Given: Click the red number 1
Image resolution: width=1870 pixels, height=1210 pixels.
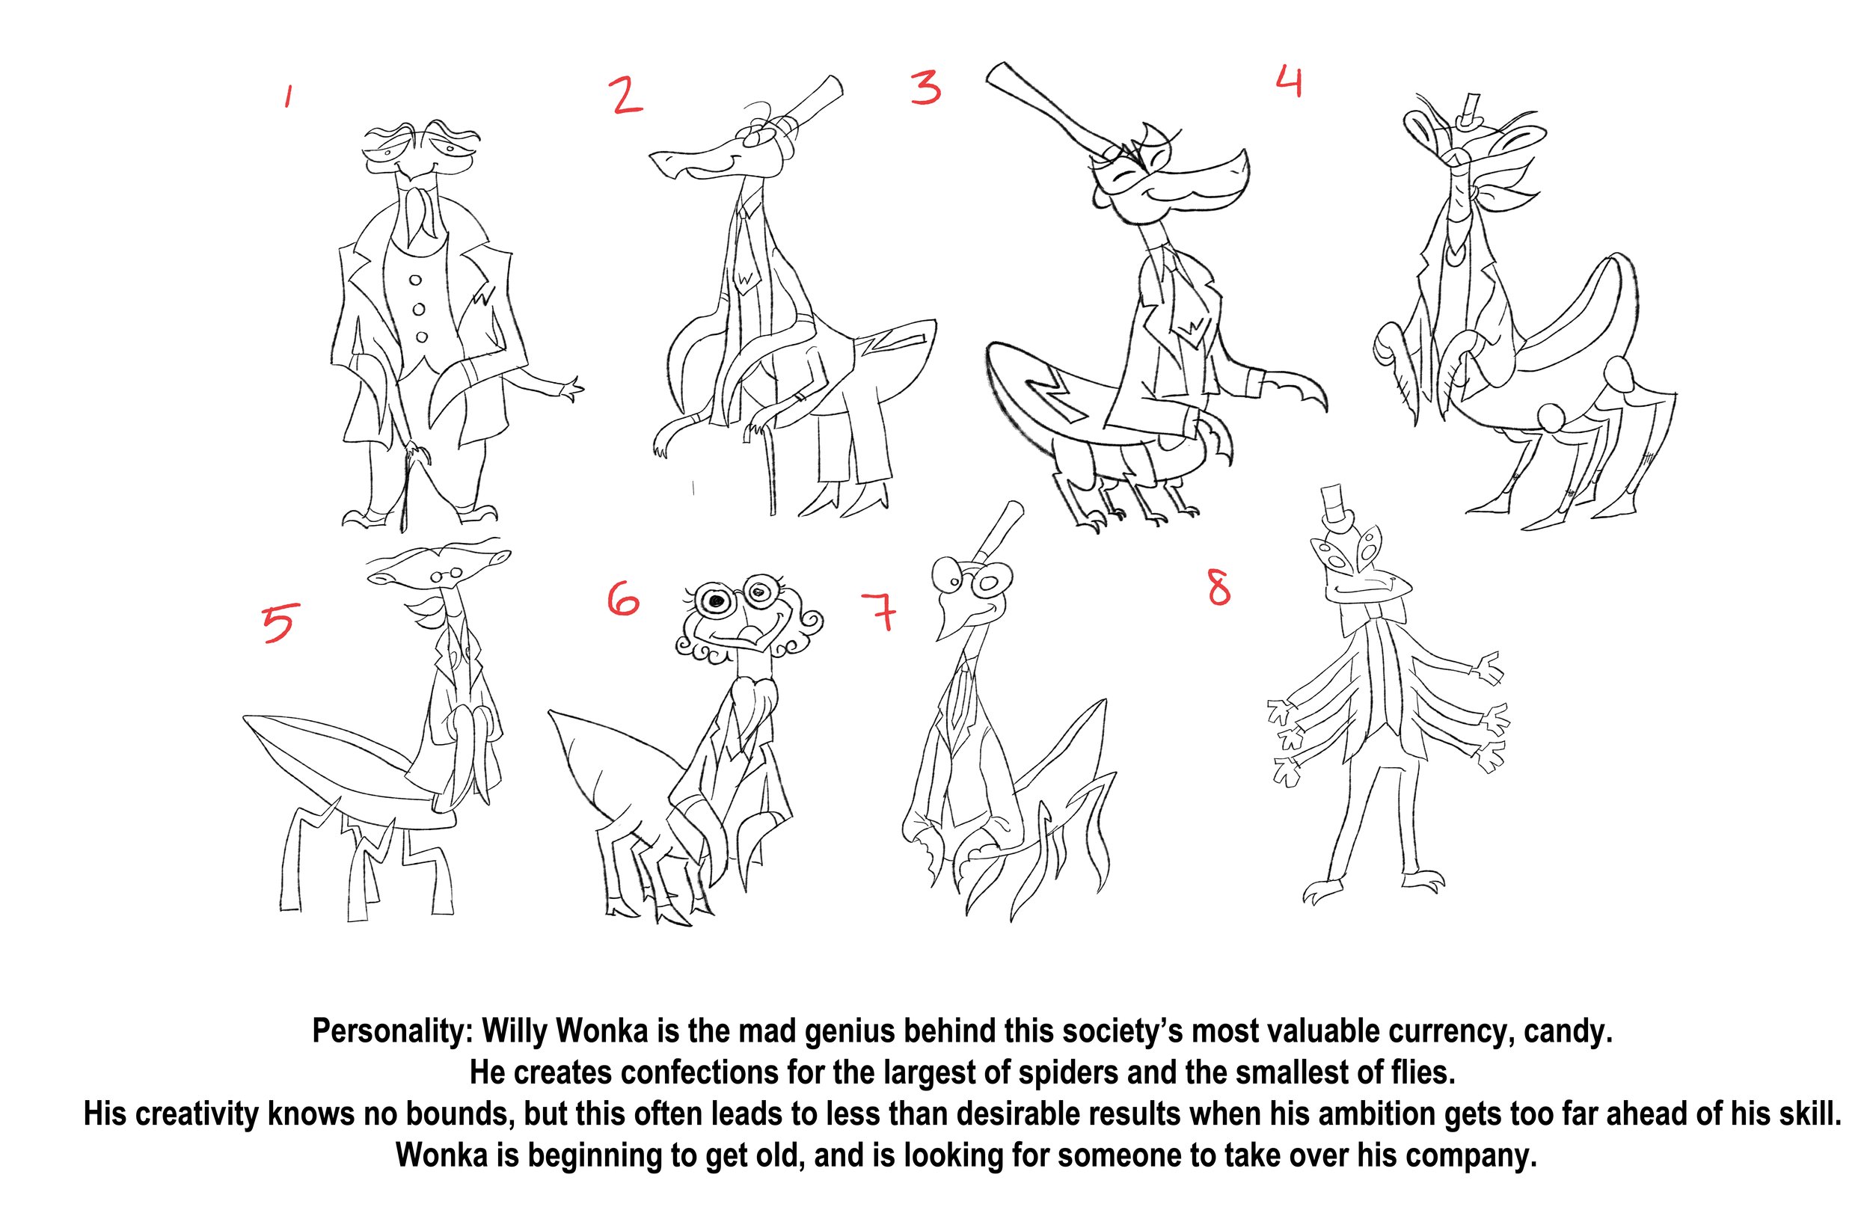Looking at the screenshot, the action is point(289,96).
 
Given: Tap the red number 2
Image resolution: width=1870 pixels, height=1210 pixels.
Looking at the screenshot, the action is point(626,96).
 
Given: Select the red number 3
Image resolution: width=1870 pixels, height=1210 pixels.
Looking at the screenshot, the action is point(926,88).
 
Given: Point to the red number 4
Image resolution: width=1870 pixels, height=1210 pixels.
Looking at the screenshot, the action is point(1289,82).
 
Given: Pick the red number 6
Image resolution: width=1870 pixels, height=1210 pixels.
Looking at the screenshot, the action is point(623,601).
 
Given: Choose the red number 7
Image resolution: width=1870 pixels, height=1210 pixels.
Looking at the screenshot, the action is point(879,612).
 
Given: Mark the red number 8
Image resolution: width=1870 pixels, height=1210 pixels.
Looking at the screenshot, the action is point(1218,588).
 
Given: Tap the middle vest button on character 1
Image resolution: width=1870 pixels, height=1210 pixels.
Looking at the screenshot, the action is point(418,310).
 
